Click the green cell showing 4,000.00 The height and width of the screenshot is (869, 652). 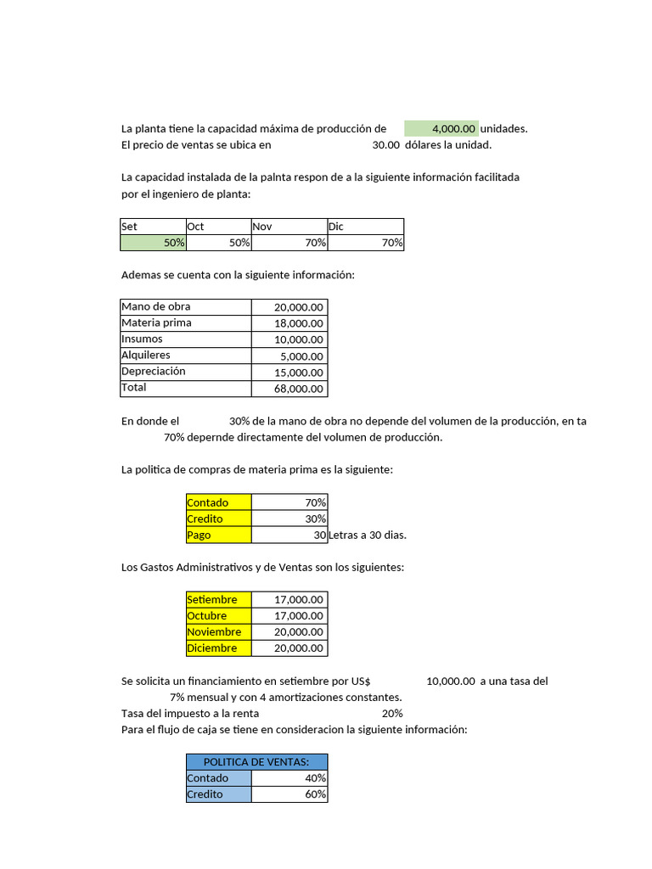tap(441, 129)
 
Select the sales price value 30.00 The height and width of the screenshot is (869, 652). tap(385, 145)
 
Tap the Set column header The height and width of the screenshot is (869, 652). tap(153, 227)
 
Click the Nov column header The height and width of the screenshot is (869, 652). tap(289, 227)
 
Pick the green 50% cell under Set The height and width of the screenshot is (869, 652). tap(153, 243)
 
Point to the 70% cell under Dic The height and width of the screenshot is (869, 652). tap(366, 243)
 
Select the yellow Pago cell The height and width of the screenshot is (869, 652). tap(219, 535)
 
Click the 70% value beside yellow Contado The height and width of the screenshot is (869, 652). tap(289, 502)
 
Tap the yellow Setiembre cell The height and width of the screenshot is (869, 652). tap(219, 600)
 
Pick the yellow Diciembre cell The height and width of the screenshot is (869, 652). tap(219, 648)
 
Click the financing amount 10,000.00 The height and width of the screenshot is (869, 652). tap(450, 681)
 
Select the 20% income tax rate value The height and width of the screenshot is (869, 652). tap(392, 714)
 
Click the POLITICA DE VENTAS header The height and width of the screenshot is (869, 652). tap(256, 762)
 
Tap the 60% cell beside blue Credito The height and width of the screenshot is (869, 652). tap(289, 794)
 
